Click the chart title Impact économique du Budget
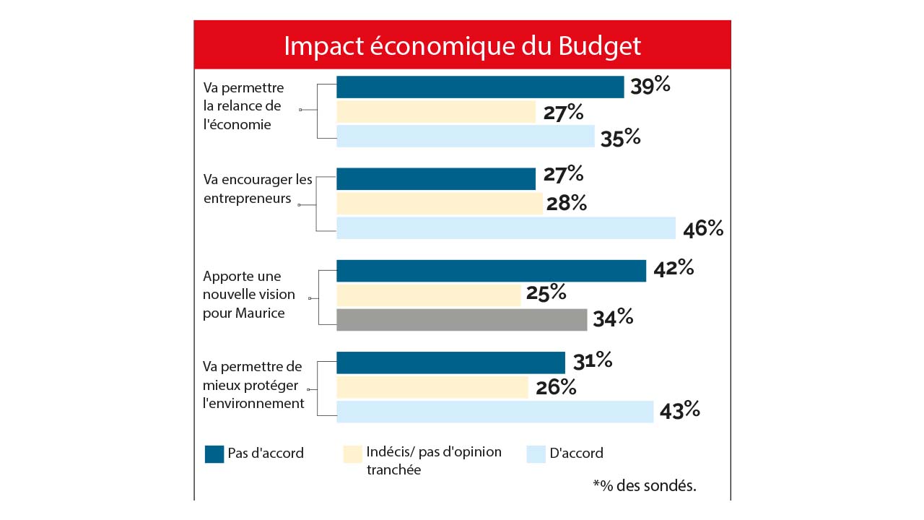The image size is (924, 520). click(x=462, y=45)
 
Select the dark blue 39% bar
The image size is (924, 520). click(x=480, y=87)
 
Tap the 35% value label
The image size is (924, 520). click(x=621, y=137)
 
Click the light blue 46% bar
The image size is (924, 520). click(x=505, y=227)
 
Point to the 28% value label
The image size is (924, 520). click(x=566, y=204)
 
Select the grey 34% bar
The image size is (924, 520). click(x=462, y=319)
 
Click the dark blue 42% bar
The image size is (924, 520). click(x=491, y=271)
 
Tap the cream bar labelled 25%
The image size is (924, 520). click(x=428, y=295)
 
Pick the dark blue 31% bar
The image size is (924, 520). click(x=450, y=363)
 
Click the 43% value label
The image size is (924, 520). click(x=679, y=410)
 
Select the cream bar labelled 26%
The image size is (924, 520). click(x=432, y=387)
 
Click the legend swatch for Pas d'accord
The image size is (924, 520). click(x=214, y=454)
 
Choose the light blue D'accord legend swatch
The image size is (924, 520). click(x=535, y=454)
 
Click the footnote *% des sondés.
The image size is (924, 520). click(x=644, y=485)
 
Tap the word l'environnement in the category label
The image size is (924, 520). click(x=253, y=403)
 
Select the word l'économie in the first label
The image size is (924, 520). click(x=237, y=124)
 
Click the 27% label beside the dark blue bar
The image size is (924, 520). click(x=563, y=174)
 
